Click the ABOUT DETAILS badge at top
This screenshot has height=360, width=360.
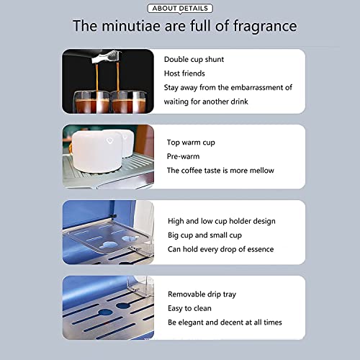(180, 9)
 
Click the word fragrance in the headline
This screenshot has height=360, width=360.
(265, 27)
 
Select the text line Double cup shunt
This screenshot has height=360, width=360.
(194, 60)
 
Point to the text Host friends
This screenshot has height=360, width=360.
(184, 73)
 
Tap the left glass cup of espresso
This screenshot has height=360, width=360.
(91, 102)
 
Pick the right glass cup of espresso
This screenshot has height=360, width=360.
(128, 102)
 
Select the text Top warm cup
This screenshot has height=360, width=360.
(191, 143)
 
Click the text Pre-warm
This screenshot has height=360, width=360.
(183, 156)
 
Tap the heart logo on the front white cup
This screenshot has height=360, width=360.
(109, 140)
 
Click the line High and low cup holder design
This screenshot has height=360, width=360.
(222, 221)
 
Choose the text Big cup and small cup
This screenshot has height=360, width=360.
(204, 235)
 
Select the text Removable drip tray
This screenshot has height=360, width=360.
(202, 294)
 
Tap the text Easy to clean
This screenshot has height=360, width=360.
(189, 308)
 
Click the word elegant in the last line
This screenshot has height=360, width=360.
(191, 323)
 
